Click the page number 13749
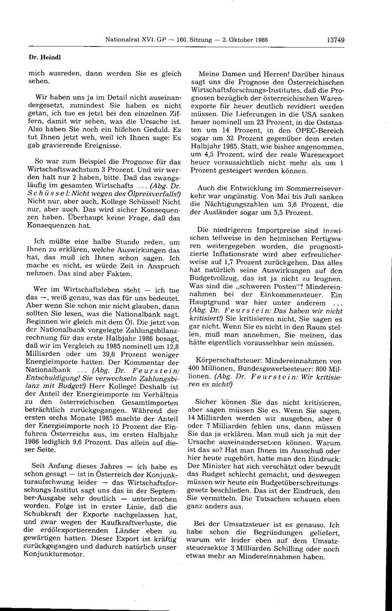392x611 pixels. coord(336,40)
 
